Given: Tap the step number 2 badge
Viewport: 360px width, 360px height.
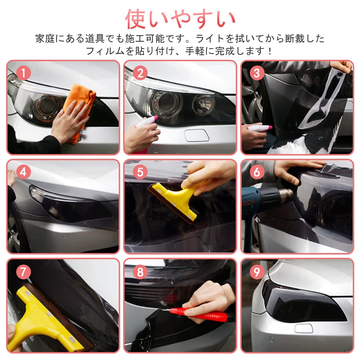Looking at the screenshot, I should [x=140, y=73].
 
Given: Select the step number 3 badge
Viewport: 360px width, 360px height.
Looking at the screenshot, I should [x=257, y=73].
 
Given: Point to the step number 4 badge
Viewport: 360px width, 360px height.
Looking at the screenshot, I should [x=23, y=172].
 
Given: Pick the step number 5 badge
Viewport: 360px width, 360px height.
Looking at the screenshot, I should [x=140, y=172].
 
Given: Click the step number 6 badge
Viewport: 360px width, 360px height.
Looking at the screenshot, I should [x=257, y=172].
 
